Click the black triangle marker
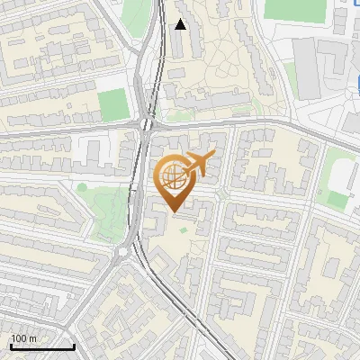click(181, 24)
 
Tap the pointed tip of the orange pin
click(174, 211)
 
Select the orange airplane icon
click(197, 166)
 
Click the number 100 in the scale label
click(18, 338)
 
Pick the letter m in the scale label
click(31, 338)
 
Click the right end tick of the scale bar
click(74, 345)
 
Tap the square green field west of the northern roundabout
click(112, 104)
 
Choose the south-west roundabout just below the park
click(123, 252)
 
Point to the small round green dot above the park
click(83, 188)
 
